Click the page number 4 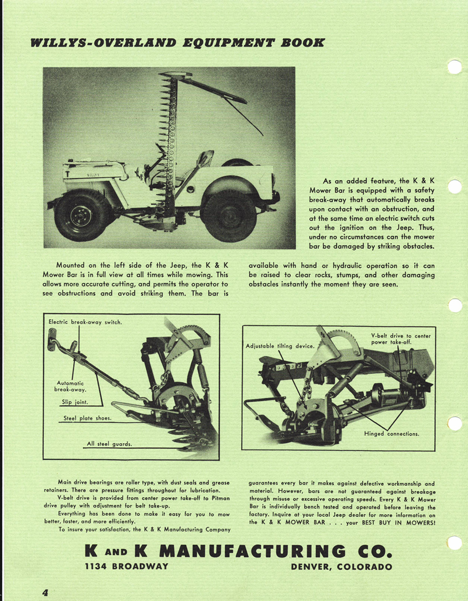point(44,592)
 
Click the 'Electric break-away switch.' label point(85,322)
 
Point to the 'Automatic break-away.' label point(70,386)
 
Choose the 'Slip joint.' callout point(74,402)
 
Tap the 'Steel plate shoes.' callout point(88,419)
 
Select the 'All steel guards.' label point(109,444)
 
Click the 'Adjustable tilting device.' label point(280,346)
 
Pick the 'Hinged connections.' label point(391,434)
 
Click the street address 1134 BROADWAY point(126,566)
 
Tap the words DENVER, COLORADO point(341,566)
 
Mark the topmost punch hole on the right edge point(455,67)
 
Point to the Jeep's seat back point(205,158)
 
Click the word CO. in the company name point(370,551)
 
